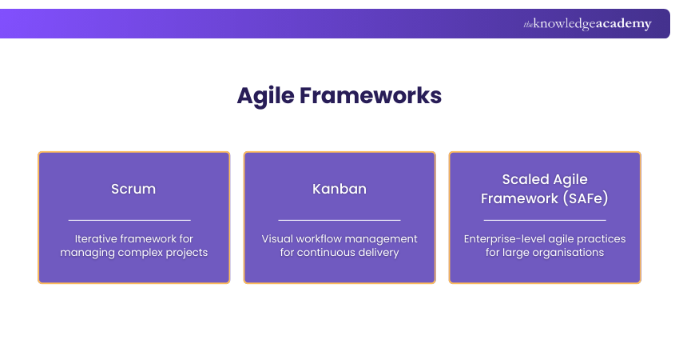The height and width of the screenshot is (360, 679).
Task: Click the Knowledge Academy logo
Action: (587, 24)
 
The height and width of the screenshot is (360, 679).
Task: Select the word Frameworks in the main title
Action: (370, 95)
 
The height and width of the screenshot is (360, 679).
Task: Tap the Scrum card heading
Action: (133, 190)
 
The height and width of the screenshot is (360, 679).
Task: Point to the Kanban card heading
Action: (339, 190)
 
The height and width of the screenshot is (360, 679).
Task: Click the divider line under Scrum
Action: (129, 219)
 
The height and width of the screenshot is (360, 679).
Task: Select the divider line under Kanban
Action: (339, 219)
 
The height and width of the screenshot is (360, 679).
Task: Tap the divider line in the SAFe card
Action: (545, 219)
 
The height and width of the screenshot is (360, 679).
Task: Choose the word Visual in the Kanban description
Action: (278, 239)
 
